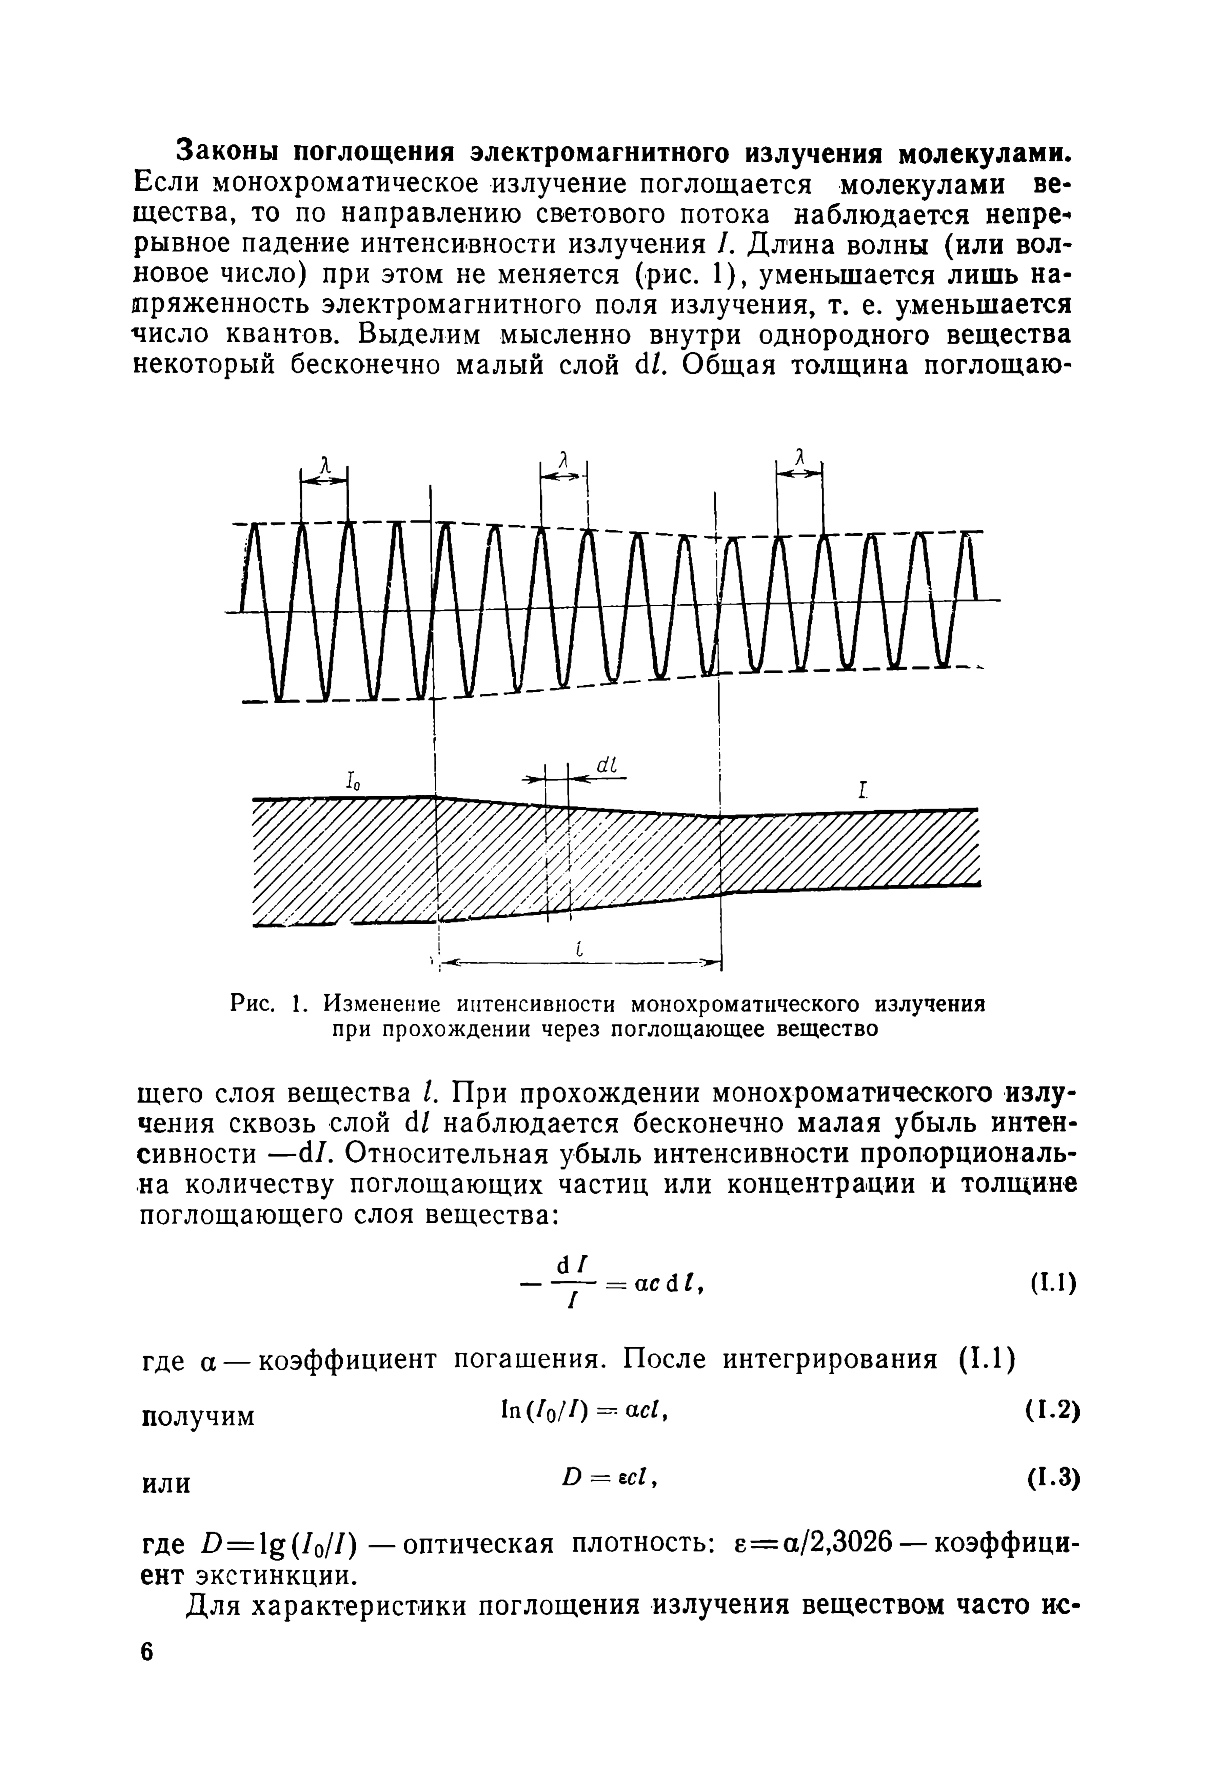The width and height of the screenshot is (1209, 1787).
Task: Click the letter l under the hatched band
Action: coord(580,951)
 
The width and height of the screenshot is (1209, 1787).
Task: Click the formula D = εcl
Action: coord(609,1476)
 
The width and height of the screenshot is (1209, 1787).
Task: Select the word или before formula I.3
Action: coord(167,1483)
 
